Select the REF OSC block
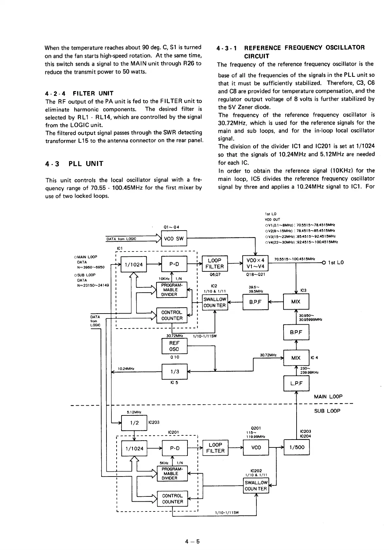point(174,346)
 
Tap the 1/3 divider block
point(174,371)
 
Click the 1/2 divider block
point(134,423)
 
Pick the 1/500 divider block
point(297,447)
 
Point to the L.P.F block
point(296,383)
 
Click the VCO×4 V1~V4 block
point(255,263)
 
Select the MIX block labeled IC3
point(296,301)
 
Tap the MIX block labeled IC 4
point(296,358)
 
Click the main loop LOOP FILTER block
point(215,263)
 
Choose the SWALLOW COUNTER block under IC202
point(256,486)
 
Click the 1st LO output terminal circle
point(324,263)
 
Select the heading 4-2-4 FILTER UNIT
point(79,93)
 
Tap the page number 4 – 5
point(192,541)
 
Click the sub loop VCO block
point(256,447)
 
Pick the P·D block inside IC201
point(174,448)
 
